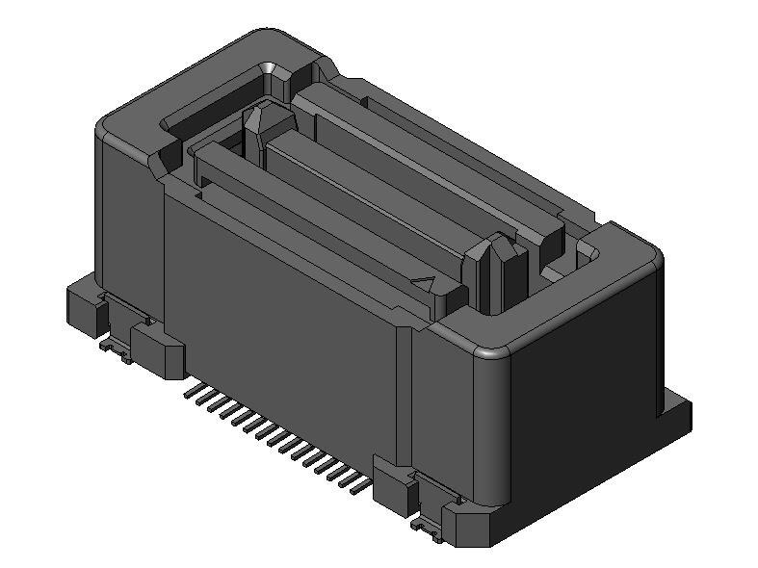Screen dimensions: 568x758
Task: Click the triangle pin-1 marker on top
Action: pyautogui.click(x=425, y=284)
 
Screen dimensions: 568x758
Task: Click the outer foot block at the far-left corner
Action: pyautogui.click(x=84, y=306)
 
